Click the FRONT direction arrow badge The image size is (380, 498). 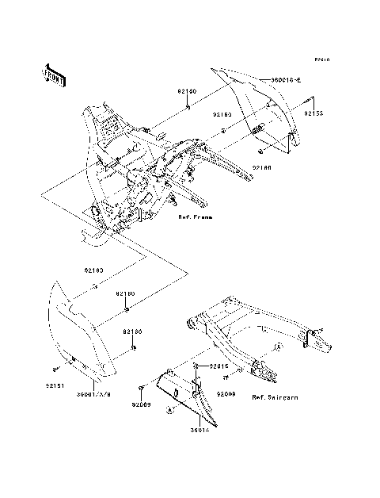tap(53, 73)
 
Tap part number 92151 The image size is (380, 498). tap(52, 387)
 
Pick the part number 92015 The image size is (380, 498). tap(219, 366)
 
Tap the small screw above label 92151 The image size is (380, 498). tap(58, 368)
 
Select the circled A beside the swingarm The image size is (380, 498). tap(279, 347)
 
